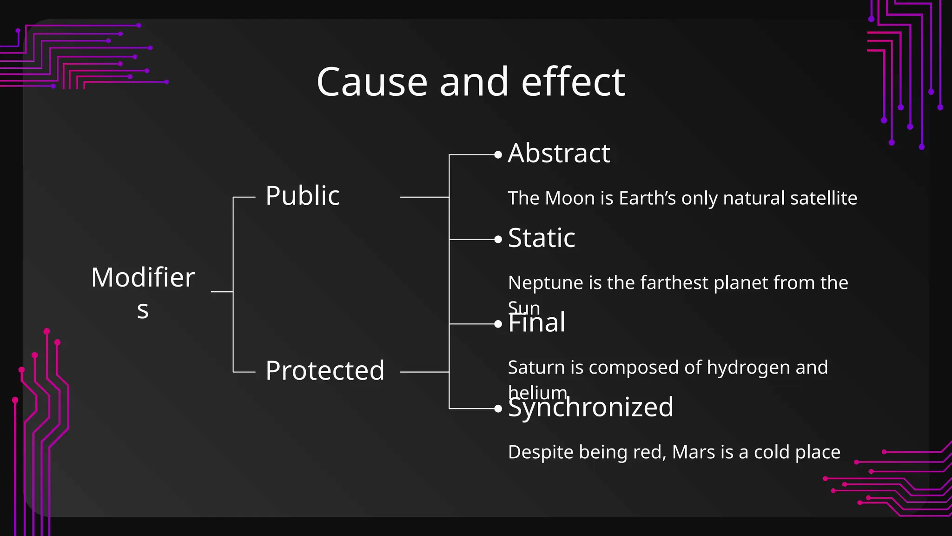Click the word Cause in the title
[372, 82]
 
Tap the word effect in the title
[573, 82]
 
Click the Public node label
[303, 195]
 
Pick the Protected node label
[325, 371]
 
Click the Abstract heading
[559, 153]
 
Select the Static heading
[542, 238]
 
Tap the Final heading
[537, 323]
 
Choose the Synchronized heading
[590, 408]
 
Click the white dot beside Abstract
[498, 155]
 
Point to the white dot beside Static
[498, 240]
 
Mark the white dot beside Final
[498, 324]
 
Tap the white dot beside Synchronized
[498, 409]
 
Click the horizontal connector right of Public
[424, 197]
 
